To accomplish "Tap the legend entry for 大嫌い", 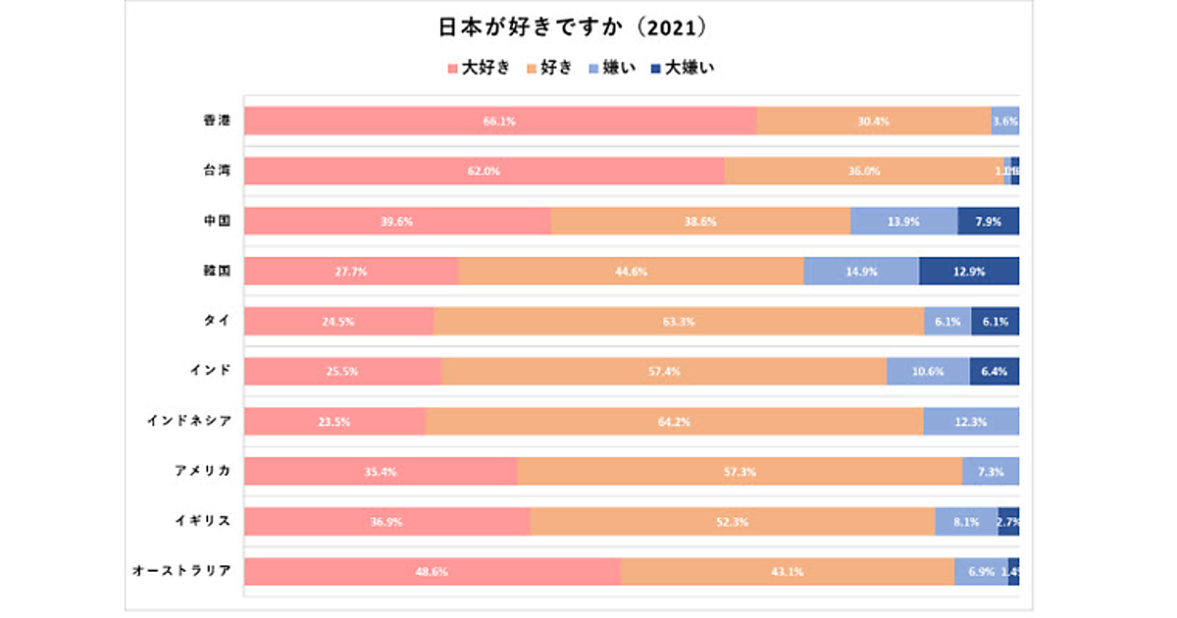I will (x=688, y=69).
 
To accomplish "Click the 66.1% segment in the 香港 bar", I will (x=500, y=121).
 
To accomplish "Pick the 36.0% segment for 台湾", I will (x=863, y=171).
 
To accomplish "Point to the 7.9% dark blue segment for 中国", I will (x=988, y=221).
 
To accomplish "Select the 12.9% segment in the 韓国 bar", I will (x=969, y=272).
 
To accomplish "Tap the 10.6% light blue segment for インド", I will (x=928, y=372).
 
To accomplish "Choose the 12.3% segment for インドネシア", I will (x=971, y=422).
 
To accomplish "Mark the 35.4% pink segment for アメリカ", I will (x=381, y=472).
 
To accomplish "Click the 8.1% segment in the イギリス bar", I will (x=966, y=522).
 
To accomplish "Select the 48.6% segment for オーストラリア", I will (x=433, y=572).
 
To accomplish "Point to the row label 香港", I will (x=217, y=121).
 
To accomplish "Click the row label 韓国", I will (x=217, y=271).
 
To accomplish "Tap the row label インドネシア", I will (x=189, y=422).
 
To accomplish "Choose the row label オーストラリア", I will (x=182, y=572).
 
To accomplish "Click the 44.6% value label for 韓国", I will (x=631, y=272).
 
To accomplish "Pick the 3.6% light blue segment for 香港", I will (x=1005, y=121).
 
